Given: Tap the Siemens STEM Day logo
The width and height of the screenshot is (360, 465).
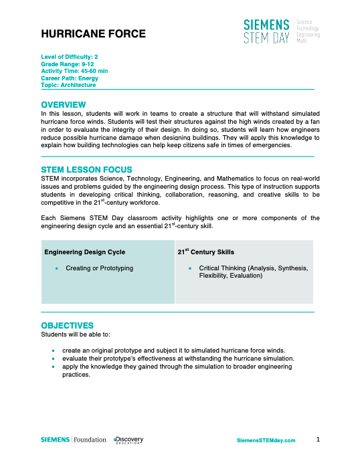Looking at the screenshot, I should pos(281,31).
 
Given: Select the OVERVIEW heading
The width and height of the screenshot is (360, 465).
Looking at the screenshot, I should pos(64,105).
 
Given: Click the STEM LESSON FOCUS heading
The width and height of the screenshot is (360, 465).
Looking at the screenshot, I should pos(86,170).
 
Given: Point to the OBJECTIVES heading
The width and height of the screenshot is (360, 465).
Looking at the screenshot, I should pos(68,325).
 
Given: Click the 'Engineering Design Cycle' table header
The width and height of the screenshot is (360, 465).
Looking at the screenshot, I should pos(84,252).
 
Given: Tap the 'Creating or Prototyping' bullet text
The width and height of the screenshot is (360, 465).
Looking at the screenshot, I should pos(99,268).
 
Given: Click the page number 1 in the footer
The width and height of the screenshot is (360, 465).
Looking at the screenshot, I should pos(319,439).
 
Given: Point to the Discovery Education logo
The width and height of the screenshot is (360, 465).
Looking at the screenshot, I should pos(128,440).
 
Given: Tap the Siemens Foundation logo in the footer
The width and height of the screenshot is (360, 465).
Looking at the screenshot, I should pos(74,440).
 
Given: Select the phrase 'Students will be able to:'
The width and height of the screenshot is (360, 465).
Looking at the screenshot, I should pos(76,333).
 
